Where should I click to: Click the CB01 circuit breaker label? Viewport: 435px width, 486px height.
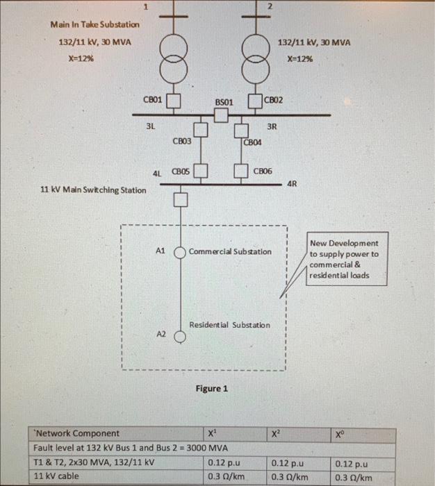(x=153, y=100)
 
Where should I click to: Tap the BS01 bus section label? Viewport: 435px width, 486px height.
(x=223, y=102)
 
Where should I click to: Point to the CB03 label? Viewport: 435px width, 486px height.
(x=182, y=141)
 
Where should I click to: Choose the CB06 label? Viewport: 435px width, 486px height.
(x=263, y=170)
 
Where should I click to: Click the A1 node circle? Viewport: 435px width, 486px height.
(x=179, y=251)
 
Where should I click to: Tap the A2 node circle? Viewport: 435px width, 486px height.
(x=179, y=337)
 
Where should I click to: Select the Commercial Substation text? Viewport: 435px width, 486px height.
(x=230, y=251)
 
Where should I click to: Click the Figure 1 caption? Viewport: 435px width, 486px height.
(x=212, y=389)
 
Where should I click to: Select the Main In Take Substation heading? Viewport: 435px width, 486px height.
(x=95, y=24)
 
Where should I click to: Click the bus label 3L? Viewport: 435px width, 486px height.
(x=150, y=127)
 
